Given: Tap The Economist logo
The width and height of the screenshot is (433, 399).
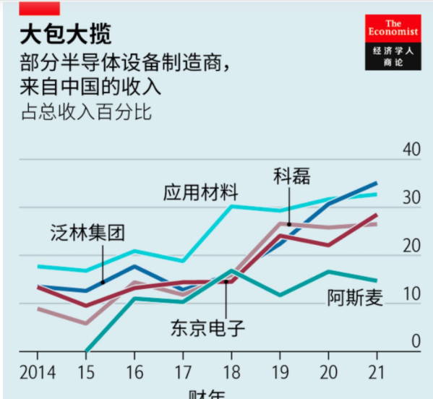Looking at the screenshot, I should [392, 43].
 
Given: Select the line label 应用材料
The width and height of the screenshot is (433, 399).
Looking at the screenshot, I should [200, 192].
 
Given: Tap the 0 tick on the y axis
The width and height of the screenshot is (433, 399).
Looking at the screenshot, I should [415, 341].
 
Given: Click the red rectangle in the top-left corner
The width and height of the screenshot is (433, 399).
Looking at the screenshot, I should [39, 8].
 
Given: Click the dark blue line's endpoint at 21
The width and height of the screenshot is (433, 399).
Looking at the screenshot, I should [376, 184].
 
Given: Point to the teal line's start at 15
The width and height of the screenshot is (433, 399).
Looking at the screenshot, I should [86, 351].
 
